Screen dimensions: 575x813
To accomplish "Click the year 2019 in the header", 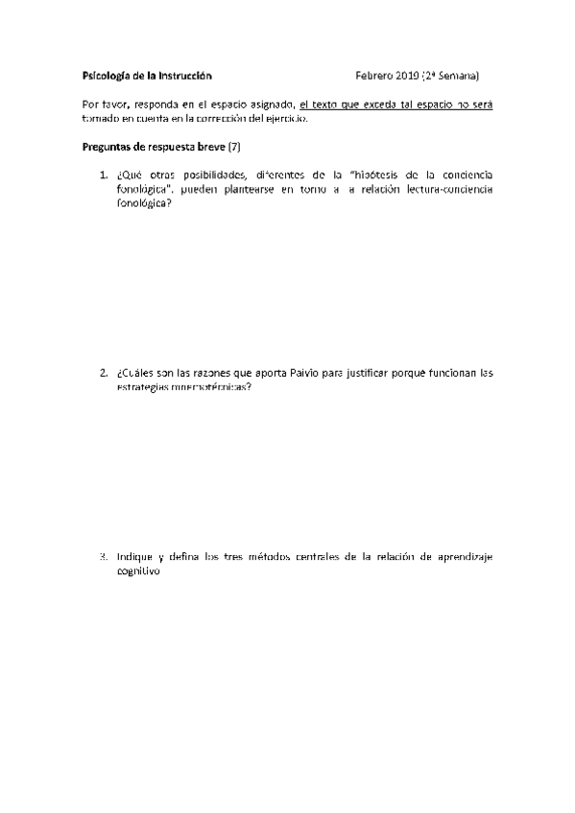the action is coord(407,75).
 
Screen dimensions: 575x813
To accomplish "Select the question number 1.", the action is coord(103,175).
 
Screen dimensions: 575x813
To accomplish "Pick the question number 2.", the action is coord(103,372).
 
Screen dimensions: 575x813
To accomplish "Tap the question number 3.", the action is coord(103,557).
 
